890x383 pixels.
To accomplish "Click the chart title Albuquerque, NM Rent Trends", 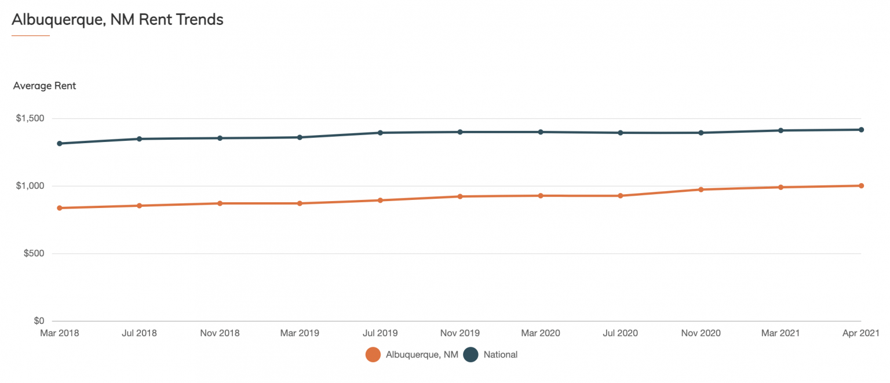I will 118,19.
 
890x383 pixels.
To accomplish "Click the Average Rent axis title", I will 45,86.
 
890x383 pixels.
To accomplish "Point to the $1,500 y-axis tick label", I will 30,118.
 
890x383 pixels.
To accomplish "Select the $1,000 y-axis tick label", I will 30,186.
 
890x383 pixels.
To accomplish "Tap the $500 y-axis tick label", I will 32,254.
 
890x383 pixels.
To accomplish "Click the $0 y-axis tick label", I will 38,321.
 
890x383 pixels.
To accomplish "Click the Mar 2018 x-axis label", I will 60,333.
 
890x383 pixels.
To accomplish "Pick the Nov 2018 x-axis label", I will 220,333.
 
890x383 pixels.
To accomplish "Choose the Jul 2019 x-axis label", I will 380,333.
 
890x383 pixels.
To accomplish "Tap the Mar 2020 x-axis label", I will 541,333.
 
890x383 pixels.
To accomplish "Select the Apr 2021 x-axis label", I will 860,333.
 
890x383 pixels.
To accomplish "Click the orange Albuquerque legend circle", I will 373,355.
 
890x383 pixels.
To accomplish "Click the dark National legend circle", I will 470,355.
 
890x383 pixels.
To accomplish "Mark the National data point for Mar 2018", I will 60,143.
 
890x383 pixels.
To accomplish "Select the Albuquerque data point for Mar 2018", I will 60,208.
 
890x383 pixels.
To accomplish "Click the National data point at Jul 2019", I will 380,133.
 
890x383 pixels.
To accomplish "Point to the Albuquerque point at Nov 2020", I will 701,189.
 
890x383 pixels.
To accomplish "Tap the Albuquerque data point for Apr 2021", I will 861,185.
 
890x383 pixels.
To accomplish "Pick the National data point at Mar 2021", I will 780,130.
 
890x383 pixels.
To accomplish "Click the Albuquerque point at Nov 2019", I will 460,196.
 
